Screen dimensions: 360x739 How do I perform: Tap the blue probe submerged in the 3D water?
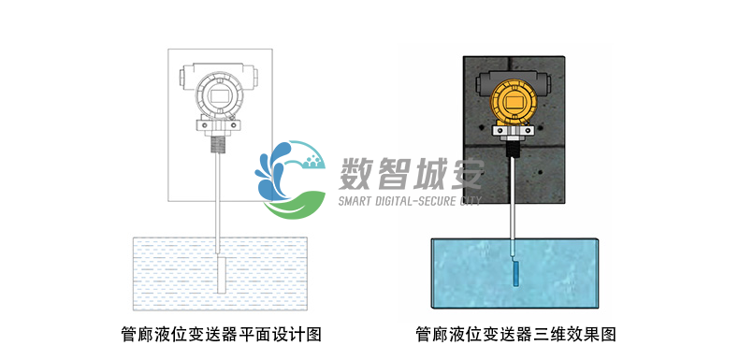click(x=514, y=274)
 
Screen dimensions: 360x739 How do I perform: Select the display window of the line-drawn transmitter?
click(x=218, y=94)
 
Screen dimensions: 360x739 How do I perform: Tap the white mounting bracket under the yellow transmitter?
click(x=511, y=130)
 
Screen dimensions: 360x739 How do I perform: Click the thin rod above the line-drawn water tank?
click(x=218, y=196)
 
